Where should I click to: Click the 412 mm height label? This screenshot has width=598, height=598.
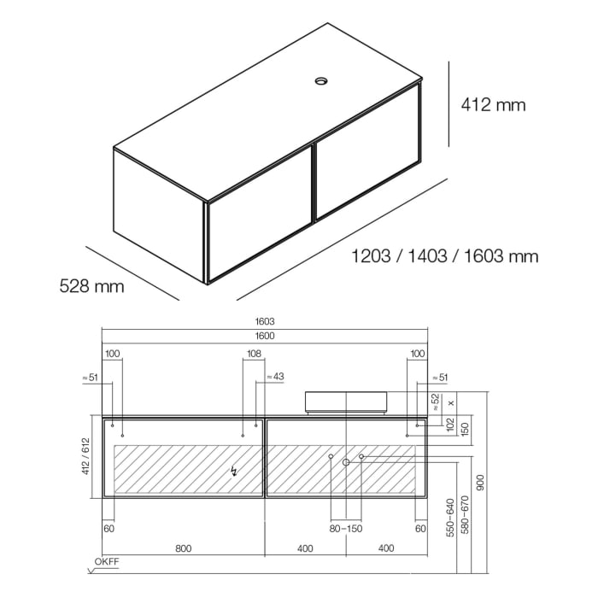pos(493,105)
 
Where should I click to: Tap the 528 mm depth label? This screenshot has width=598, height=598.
pos(91,285)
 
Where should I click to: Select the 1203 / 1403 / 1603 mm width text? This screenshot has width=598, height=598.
pos(445,255)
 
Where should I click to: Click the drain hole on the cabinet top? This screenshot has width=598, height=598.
pos(322,82)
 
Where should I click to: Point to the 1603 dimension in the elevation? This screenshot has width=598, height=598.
pos(264,321)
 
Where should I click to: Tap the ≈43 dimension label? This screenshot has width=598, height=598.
pos(275,376)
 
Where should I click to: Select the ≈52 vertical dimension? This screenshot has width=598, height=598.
pos(435,402)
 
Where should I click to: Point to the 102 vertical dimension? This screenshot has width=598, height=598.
pos(450,426)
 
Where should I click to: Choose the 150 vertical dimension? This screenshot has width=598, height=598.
pos(466,426)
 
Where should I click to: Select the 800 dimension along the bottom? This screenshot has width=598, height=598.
pos(183,548)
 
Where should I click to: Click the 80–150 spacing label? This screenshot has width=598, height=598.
pos(346,529)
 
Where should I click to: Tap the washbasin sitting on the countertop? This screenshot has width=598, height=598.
pos(346,401)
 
